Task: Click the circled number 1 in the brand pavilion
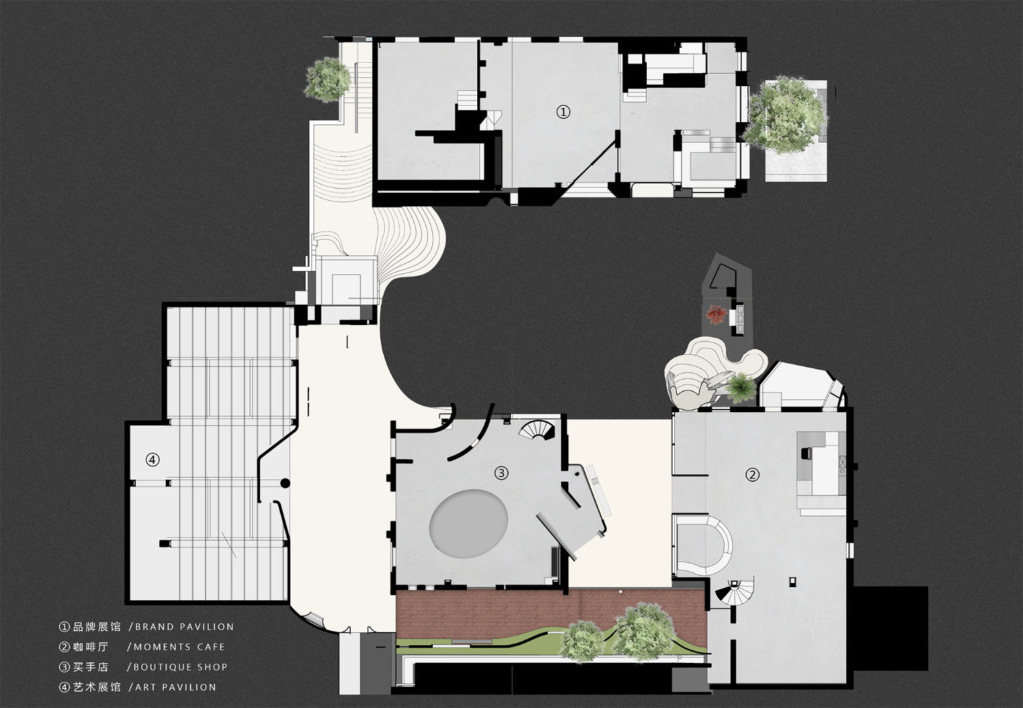563,112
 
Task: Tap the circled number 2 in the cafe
753,475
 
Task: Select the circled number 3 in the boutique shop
502,473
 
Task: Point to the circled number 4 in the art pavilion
152,460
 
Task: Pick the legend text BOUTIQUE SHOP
181,667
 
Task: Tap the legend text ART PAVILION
175,687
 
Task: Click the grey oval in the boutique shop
469,522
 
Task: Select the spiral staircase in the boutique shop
540,431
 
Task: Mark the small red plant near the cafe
716,315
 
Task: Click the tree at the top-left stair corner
327,79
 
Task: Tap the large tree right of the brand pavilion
785,114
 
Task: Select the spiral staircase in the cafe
735,592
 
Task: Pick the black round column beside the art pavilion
285,483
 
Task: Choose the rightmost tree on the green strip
643,631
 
